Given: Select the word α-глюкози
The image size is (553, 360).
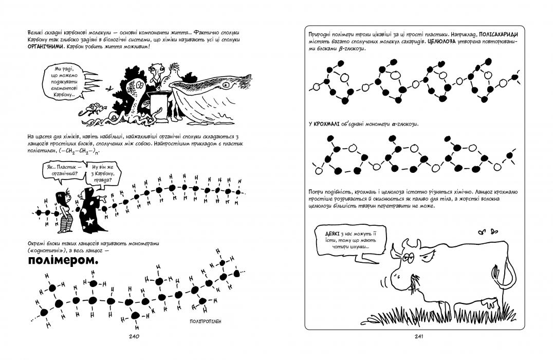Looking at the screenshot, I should [x=399, y=124].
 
